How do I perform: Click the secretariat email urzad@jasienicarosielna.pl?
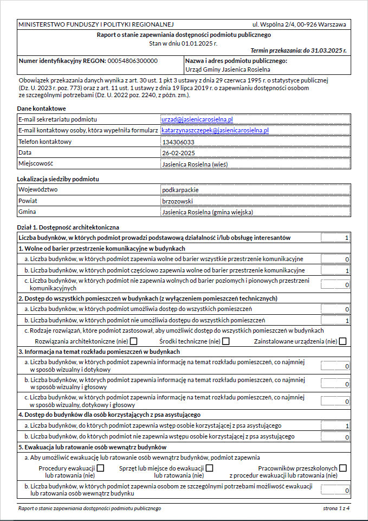(x=197, y=119)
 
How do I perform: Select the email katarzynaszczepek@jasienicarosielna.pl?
(x=215, y=131)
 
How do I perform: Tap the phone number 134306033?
(x=178, y=142)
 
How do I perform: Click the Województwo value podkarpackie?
(x=180, y=190)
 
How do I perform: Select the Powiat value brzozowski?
(x=178, y=201)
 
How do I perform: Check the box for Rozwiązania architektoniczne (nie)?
(x=133, y=341)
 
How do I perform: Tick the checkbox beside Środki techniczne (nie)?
(x=225, y=341)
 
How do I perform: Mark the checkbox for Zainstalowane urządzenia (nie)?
(x=343, y=341)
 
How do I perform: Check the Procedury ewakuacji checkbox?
(x=100, y=468)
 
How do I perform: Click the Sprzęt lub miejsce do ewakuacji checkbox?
(x=209, y=468)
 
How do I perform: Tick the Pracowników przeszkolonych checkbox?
(x=343, y=468)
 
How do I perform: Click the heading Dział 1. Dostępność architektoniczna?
(x=68, y=227)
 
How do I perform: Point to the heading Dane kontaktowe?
(x=41, y=109)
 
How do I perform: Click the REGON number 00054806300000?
(x=133, y=61)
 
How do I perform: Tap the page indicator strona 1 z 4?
(x=336, y=509)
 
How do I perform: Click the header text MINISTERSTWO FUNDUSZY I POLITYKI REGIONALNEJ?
(x=96, y=24)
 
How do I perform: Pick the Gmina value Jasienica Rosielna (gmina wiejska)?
(x=207, y=212)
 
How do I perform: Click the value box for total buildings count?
(x=335, y=238)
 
